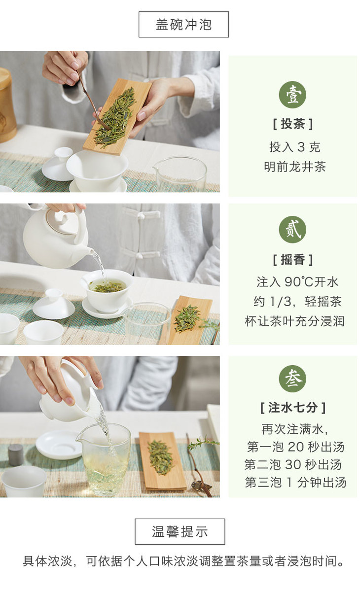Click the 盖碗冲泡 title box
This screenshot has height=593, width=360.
click(x=183, y=24)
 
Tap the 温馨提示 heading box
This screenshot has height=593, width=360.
click(x=180, y=531)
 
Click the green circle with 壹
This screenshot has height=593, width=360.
click(x=292, y=95)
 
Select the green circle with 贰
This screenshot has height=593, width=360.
click(x=292, y=230)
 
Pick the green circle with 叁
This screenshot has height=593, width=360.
click(x=292, y=379)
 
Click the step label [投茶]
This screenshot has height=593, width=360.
click(x=293, y=124)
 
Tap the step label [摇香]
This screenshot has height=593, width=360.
click(x=293, y=260)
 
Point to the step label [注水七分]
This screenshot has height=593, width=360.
click(x=293, y=408)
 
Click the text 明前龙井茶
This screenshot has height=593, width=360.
click(x=294, y=167)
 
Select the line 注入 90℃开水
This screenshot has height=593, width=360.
click(x=297, y=281)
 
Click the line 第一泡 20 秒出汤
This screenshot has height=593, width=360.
click(x=295, y=447)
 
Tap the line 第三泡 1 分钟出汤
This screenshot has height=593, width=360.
click(x=295, y=483)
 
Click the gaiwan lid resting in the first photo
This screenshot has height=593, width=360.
click(x=58, y=164)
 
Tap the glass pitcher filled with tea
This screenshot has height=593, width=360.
click(x=105, y=460)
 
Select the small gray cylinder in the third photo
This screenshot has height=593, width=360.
click(x=16, y=455)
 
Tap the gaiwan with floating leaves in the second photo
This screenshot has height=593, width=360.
click(x=107, y=291)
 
